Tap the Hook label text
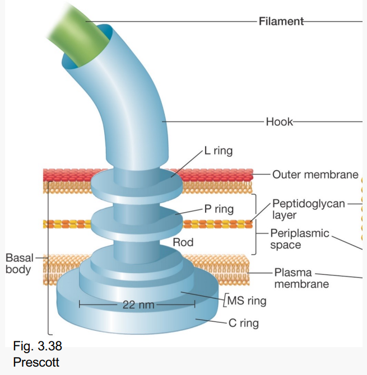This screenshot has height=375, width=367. pyautogui.click(x=279, y=121)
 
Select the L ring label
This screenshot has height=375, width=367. pyautogui.click(x=218, y=151)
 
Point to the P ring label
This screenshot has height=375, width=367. pyautogui.click(x=219, y=209)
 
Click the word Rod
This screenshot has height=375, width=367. pyautogui.click(x=183, y=242)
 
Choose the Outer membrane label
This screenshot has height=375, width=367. pyautogui.click(x=315, y=175)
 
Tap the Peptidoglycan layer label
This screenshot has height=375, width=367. pyautogui.click(x=308, y=209)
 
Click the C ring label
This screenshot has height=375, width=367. pyautogui.click(x=244, y=322)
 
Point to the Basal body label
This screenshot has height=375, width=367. pyautogui.click(x=19, y=263)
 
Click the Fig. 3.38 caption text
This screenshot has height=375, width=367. pyautogui.click(x=37, y=346)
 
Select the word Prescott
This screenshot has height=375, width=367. pyautogui.click(x=36, y=362)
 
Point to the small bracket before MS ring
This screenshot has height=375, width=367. pyautogui.click(x=224, y=301)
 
